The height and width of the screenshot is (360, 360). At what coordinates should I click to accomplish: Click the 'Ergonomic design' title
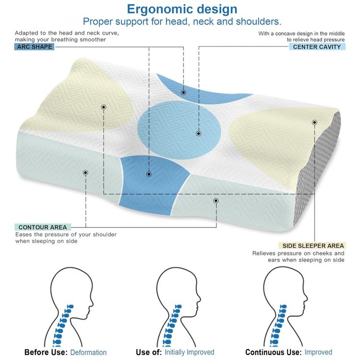(182, 10)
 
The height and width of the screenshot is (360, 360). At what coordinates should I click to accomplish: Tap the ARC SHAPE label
(35, 47)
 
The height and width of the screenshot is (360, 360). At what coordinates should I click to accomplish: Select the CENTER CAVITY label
(317, 47)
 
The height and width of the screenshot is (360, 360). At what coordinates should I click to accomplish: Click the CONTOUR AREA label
(43, 228)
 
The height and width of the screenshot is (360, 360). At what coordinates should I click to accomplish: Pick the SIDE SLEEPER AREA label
(313, 246)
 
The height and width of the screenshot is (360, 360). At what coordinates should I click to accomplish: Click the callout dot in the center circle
(199, 133)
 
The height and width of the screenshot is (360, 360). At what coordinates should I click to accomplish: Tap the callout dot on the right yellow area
(314, 122)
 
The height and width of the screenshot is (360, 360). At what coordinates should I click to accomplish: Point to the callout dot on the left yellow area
(104, 107)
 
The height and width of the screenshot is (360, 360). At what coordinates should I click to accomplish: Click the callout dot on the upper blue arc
(183, 93)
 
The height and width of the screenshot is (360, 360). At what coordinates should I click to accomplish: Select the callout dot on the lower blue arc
(149, 174)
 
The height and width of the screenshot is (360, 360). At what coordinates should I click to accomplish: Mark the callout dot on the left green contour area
(85, 173)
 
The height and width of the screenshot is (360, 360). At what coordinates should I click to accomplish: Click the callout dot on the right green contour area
(216, 201)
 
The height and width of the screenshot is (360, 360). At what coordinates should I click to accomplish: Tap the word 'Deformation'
(88, 352)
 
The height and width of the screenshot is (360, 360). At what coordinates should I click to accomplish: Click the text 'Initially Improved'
(190, 352)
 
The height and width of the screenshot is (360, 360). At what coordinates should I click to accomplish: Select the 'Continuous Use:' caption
(274, 352)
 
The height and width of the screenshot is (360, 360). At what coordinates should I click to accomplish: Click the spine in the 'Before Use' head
(61, 325)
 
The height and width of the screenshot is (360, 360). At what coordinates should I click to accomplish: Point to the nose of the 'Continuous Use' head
(306, 299)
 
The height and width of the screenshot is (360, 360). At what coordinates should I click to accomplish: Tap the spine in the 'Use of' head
(170, 325)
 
